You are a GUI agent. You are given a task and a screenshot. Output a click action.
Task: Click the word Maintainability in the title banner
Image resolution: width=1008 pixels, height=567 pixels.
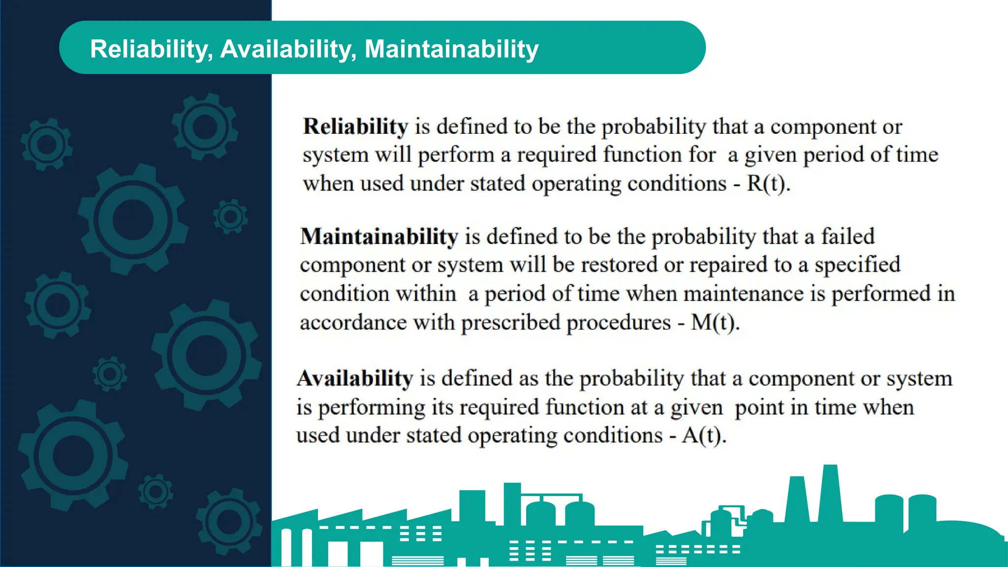coord(451,49)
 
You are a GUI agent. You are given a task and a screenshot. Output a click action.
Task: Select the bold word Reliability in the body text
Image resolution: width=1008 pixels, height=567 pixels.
coord(355,126)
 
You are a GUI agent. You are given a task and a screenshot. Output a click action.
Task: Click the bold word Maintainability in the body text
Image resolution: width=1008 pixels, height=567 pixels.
coord(379,237)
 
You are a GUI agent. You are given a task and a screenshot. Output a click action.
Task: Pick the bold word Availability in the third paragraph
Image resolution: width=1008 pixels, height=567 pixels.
coord(355,378)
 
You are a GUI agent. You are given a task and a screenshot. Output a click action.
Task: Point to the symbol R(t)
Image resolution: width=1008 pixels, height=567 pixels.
coord(768,184)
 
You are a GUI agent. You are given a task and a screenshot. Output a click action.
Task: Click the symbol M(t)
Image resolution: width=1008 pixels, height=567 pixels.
coord(715,323)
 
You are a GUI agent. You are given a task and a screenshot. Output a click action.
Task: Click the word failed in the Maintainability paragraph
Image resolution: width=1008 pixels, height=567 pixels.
coord(848,237)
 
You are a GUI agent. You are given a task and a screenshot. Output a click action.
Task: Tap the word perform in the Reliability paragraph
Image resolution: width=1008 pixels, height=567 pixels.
coord(456,156)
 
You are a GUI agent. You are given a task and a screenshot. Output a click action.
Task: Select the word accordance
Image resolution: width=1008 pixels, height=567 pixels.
coord(353,323)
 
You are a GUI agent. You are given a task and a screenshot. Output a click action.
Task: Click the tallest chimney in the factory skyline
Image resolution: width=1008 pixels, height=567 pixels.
coord(830,492)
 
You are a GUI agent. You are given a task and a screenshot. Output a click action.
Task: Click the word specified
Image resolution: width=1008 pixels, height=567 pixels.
coord(857,265)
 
